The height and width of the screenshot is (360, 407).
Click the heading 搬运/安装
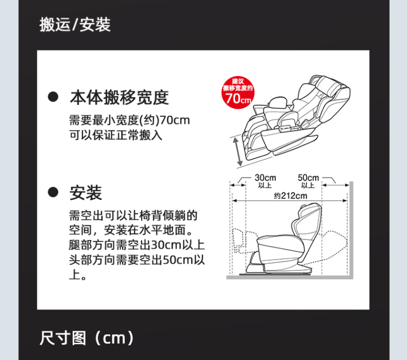point(75,24)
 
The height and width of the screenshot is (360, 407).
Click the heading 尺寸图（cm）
point(87,338)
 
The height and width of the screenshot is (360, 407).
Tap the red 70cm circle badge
point(238,92)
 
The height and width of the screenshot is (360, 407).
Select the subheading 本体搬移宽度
point(119,97)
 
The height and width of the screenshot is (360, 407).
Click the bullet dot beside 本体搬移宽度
point(53,97)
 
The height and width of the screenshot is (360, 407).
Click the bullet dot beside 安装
point(53,192)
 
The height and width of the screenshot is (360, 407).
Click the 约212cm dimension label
point(290,195)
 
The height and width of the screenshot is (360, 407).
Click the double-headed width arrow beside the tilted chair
point(238,151)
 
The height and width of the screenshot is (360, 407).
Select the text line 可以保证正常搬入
point(116,135)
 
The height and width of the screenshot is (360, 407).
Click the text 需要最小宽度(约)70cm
point(130,120)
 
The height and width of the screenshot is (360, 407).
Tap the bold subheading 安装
point(86,193)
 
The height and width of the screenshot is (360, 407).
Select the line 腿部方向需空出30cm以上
point(137,245)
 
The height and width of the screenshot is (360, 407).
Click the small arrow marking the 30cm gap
point(238,185)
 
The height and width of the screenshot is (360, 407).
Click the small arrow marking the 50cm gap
point(335,185)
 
